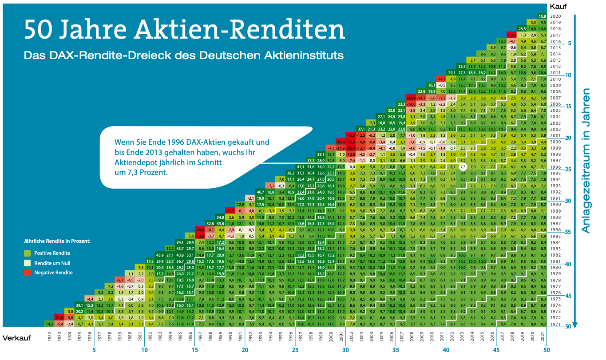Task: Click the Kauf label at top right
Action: [557, 6]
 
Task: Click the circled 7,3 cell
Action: [463, 167]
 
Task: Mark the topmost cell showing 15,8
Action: [542, 16]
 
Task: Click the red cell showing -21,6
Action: [59, 318]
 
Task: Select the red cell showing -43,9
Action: [350, 135]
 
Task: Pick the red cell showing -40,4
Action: [411, 97]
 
